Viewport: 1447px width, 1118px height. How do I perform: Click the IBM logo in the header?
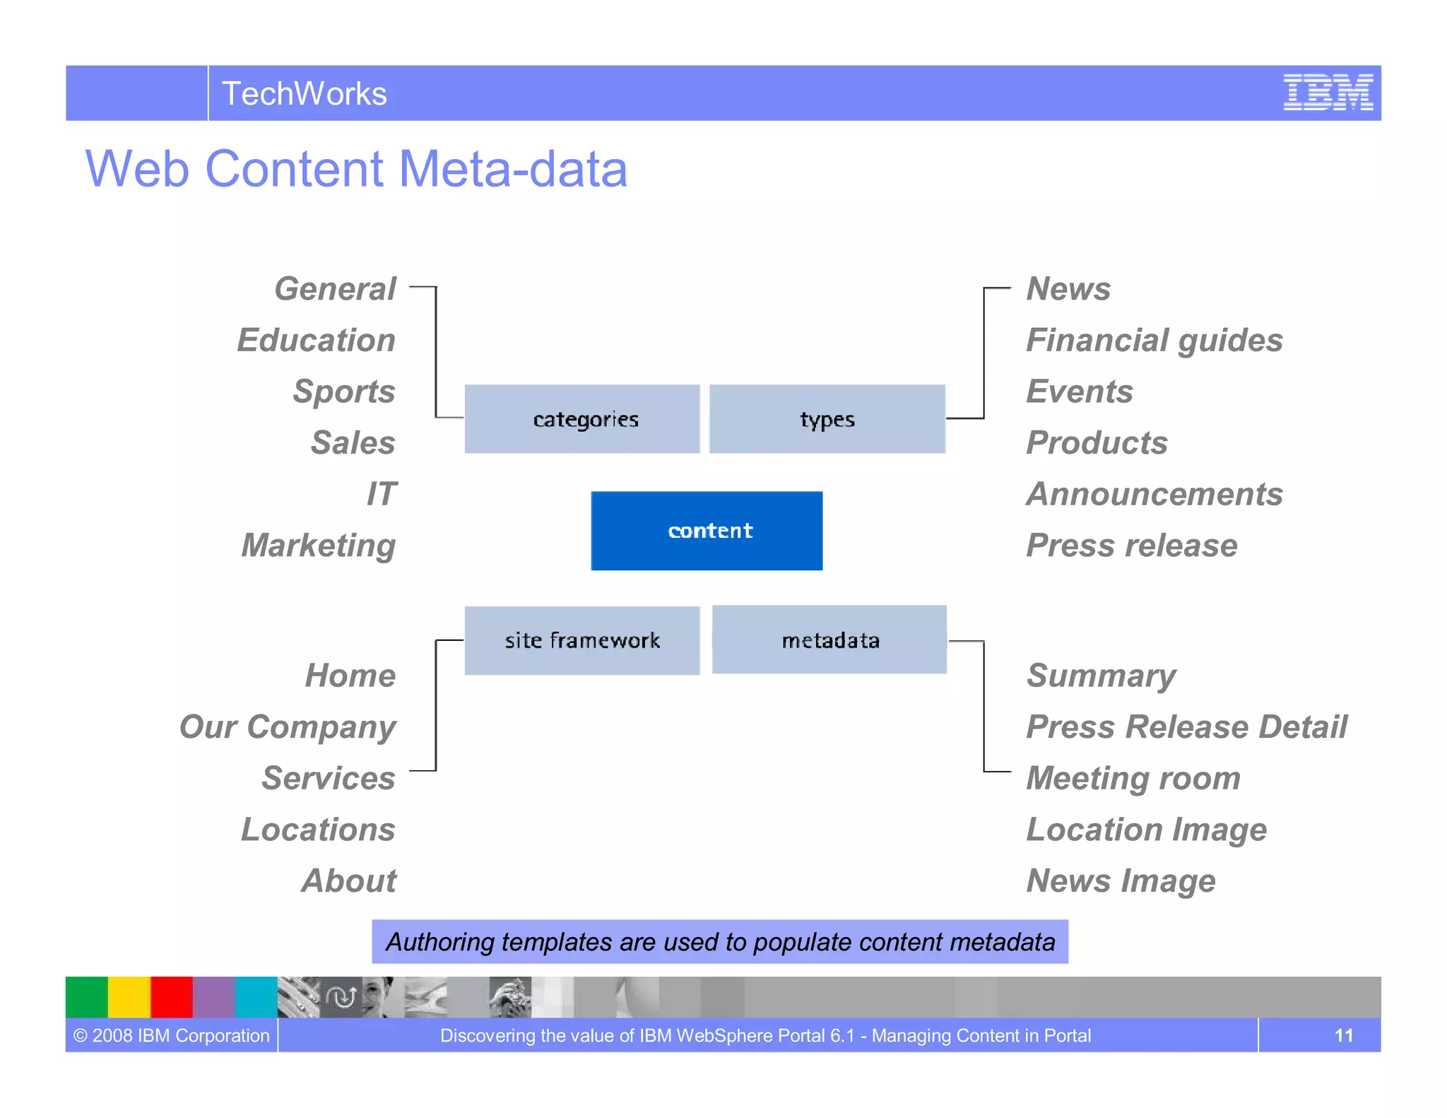1328,93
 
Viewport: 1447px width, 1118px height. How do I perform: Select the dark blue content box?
707,531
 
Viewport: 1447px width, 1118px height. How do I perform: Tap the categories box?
582,419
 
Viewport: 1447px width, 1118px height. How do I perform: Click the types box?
827,419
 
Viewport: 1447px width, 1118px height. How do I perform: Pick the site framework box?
582,640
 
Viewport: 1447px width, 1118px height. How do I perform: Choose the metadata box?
829,640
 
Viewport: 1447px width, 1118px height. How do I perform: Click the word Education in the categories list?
316,340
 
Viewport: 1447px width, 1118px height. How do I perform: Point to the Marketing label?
318,546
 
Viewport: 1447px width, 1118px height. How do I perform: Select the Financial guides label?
1154,340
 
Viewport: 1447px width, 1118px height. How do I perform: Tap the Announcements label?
1154,494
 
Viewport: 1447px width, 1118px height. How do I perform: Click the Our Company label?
288,727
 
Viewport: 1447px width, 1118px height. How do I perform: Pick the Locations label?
318,830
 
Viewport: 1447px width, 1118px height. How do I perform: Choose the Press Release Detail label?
1186,727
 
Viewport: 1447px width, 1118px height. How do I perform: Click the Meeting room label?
1133,778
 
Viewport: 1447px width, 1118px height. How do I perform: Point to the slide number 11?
1343,1035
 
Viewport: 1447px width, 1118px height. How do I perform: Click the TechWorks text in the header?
304,93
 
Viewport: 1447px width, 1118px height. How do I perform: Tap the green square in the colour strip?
86,996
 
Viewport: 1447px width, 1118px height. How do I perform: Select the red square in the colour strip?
171,996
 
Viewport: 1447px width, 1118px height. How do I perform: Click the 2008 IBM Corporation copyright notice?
172,1035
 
